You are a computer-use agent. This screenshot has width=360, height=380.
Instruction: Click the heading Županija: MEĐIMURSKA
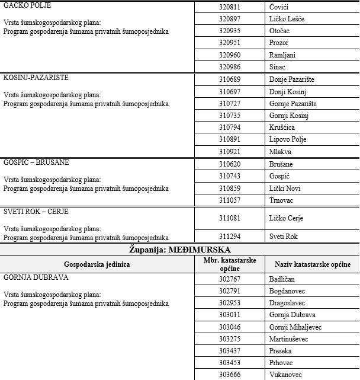click(179, 250)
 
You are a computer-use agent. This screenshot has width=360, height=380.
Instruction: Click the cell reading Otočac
click(278, 31)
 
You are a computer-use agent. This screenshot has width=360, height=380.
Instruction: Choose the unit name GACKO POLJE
click(27, 5)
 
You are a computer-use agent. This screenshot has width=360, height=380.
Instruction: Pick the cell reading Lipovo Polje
click(287, 139)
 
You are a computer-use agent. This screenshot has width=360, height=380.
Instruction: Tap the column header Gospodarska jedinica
click(97, 264)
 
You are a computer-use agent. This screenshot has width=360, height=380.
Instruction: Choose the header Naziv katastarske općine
click(312, 264)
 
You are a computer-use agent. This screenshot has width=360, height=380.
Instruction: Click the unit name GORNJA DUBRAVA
click(36, 277)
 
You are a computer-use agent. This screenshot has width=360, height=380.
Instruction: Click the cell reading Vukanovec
click(285, 375)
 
